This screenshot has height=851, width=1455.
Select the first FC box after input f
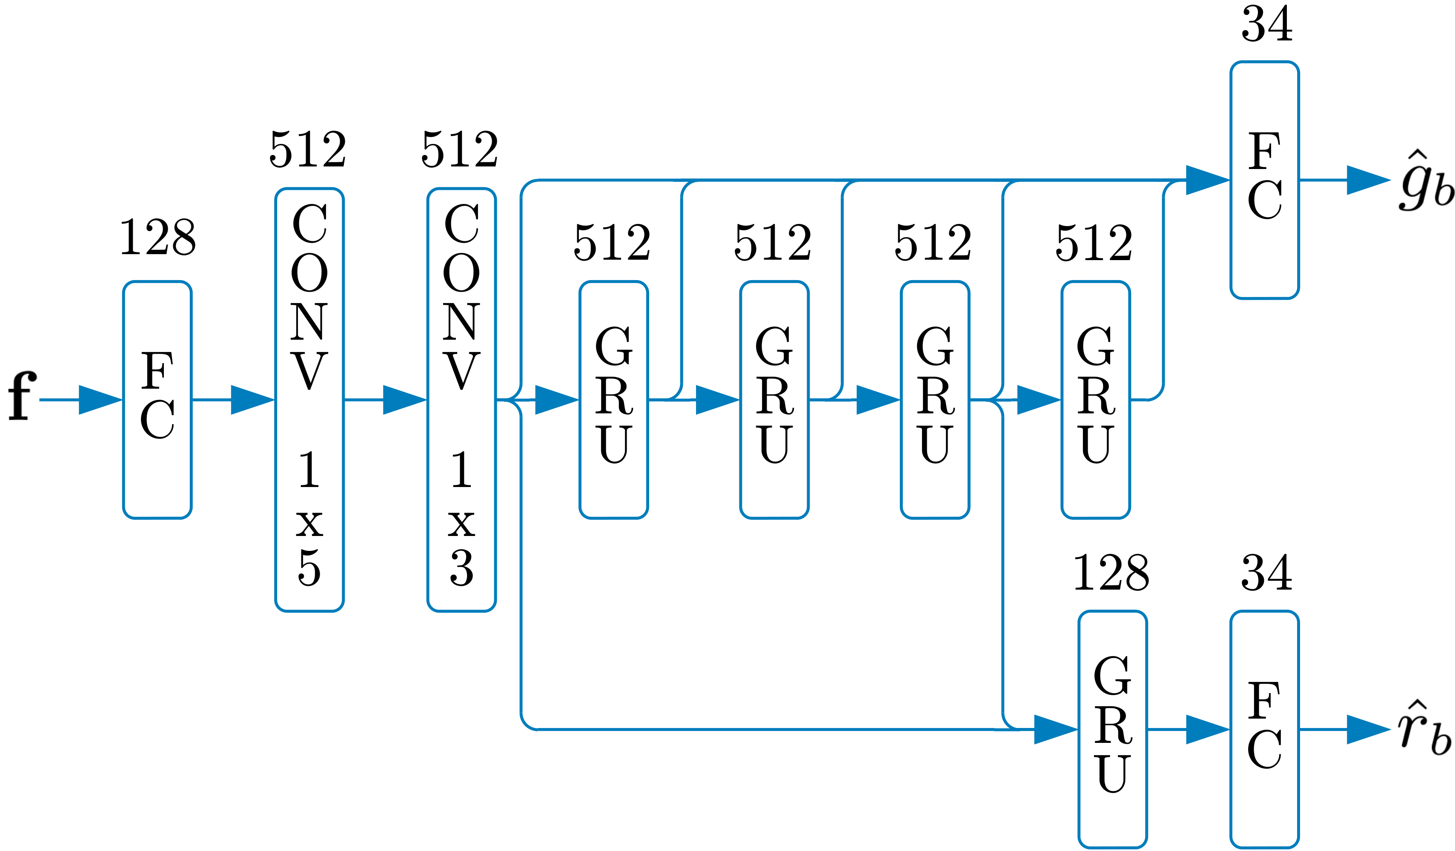tap(157, 399)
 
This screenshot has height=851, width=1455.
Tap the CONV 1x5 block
tap(309, 399)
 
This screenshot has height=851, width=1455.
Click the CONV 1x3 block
tap(461, 399)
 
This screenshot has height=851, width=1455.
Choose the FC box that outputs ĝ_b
tap(1264, 180)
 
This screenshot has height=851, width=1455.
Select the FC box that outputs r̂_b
tap(1264, 729)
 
